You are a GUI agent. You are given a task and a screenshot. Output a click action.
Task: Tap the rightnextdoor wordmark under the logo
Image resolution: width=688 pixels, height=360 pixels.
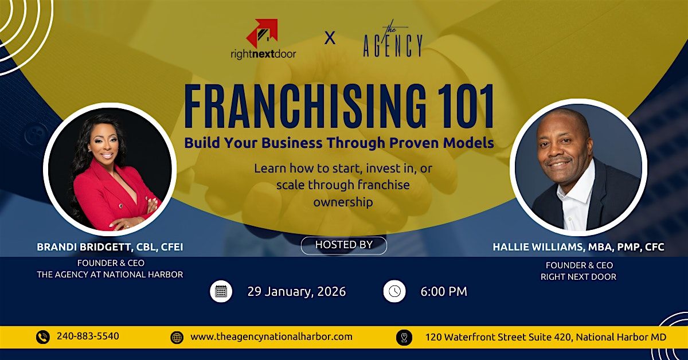[x=264, y=54]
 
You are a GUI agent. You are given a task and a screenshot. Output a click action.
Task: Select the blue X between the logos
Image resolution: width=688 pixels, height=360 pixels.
[x=330, y=38]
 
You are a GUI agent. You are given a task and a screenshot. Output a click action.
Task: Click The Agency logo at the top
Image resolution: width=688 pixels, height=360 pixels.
[x=393, y=40]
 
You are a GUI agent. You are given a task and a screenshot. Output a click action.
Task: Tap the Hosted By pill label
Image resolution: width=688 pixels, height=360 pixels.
[x=343, y=245]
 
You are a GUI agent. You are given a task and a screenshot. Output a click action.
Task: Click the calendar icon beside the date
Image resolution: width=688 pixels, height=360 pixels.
[x=221, y=292]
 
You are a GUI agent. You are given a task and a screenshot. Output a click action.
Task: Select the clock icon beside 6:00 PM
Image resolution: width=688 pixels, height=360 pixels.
[x=394, y=291]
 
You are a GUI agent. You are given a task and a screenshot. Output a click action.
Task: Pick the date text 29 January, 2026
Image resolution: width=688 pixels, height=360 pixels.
[x=297, y=292]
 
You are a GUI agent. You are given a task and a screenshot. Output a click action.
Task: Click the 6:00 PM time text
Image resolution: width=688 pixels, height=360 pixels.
[x=444, y=292]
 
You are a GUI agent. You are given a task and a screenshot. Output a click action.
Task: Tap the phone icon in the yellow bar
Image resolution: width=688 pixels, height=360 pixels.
[x=42, y=337]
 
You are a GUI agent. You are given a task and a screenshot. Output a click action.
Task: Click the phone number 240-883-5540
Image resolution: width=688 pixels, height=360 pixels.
[x=88, y=336]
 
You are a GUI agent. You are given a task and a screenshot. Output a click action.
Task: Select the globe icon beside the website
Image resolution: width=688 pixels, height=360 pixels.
[x=177, y=337]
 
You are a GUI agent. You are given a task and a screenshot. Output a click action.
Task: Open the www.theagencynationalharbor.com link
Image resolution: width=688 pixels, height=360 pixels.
[x=271, y=336]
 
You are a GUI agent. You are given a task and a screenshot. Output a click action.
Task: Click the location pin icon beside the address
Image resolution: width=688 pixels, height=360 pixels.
[x=404, y=337]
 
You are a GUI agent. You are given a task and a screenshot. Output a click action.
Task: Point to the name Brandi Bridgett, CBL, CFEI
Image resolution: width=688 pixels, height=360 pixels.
[x=110, y=247]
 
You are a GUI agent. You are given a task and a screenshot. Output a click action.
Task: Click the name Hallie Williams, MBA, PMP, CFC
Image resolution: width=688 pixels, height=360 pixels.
[x=578, y=247]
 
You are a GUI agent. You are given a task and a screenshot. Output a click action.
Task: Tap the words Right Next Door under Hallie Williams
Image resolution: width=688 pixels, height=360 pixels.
[x=578, y=277]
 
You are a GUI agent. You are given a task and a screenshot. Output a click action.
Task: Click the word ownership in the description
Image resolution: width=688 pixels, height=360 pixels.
[x=343, y=202]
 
